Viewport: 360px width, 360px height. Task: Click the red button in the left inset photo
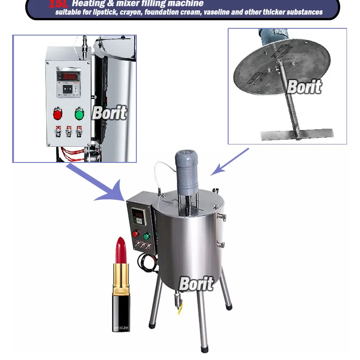pos(58,114)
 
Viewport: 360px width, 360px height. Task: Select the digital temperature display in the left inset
pos(68,76)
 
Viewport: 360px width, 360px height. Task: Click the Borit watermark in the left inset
pos(109,113)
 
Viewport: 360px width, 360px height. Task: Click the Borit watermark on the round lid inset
pos(304,87)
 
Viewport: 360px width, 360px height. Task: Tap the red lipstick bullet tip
pos(121,250)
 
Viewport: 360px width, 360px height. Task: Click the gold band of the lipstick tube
pos(120,279)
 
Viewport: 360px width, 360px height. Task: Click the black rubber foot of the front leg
pos(204,348)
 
